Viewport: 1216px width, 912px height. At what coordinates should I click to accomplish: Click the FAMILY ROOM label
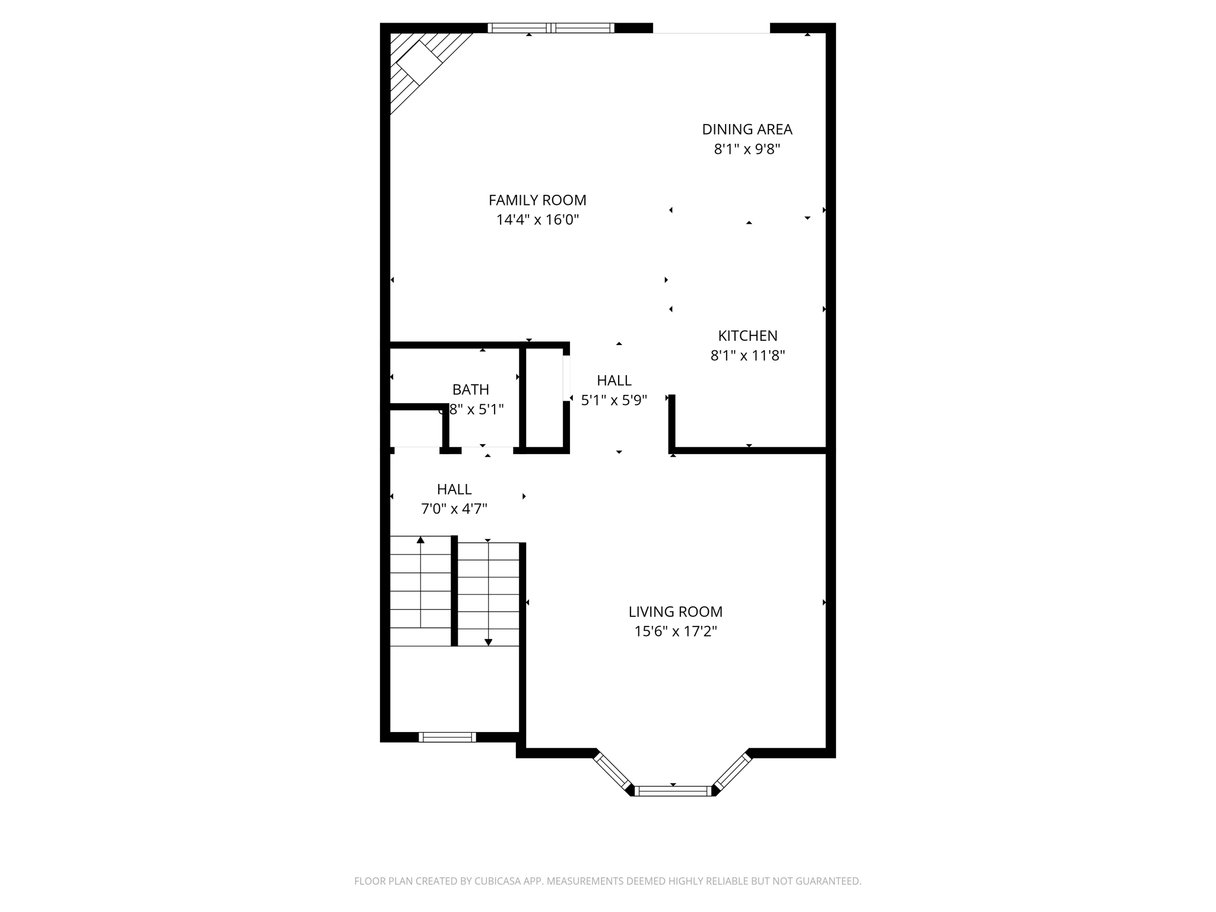(x=537, y=200)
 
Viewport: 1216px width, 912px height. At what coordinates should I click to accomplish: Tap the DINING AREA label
(x=747, y=129)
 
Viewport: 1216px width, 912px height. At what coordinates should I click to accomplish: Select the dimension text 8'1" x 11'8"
(x=748, y=356)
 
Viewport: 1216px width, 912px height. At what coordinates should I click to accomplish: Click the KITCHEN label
(x=748, y=336)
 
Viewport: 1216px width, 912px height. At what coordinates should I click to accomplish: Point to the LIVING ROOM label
(x=675, y=612)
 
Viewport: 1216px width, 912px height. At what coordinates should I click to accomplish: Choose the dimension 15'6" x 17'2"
(x=675, y=631)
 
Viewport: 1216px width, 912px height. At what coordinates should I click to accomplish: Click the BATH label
(x=471, y=389)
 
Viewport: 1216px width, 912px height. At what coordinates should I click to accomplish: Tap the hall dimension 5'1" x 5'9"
(x=613, y=400)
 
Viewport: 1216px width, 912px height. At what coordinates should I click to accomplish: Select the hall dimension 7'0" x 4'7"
(x=454, y=509)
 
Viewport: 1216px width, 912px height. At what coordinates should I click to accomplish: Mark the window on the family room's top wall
(x=551, y=28)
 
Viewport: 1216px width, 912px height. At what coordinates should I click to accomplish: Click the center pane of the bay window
(x=673, y=790)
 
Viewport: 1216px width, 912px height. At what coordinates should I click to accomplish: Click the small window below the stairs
(x=447, y=737)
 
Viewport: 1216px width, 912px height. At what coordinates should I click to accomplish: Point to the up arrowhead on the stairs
(x=420, y=540)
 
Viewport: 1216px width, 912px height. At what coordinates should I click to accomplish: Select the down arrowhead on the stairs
(x=488, y=642)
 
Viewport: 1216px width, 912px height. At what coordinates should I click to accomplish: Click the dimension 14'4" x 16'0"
(x=537, y=220)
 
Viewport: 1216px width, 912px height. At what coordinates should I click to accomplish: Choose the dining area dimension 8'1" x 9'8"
(x=747, y=149)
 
